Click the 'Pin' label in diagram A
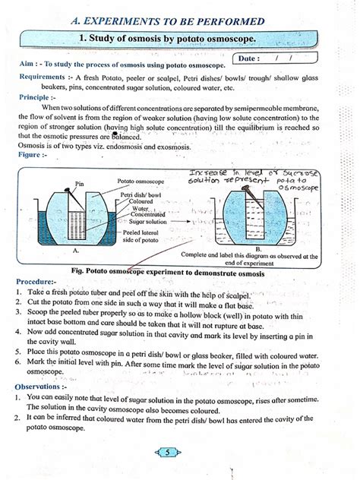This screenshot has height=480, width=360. (80, 184)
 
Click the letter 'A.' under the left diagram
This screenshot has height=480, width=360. (76, 250)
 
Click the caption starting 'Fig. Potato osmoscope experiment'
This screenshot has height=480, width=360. (172, 272)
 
